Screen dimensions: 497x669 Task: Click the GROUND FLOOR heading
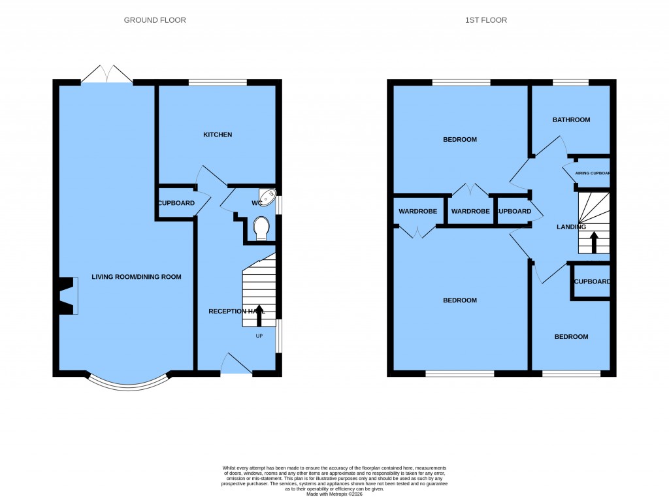click(x=155, y=20)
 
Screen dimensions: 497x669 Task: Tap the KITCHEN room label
click(x=218, y=135)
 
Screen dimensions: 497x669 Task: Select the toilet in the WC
click(x=261, y=229)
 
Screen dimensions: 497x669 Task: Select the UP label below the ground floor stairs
click(x=259, y=336)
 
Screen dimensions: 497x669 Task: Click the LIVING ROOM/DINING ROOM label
click(x=136, y=277)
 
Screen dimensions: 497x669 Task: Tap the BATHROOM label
click(x=571, y=120)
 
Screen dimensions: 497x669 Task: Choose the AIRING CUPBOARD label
click(x=592, y=174)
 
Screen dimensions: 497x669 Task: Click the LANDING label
click(x=571, y=227)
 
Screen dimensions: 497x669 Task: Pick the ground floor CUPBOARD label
click(x=176, y=203)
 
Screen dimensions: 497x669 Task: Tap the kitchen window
click(x=218, y=82)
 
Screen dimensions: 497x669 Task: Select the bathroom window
click(x=570, y=82)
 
